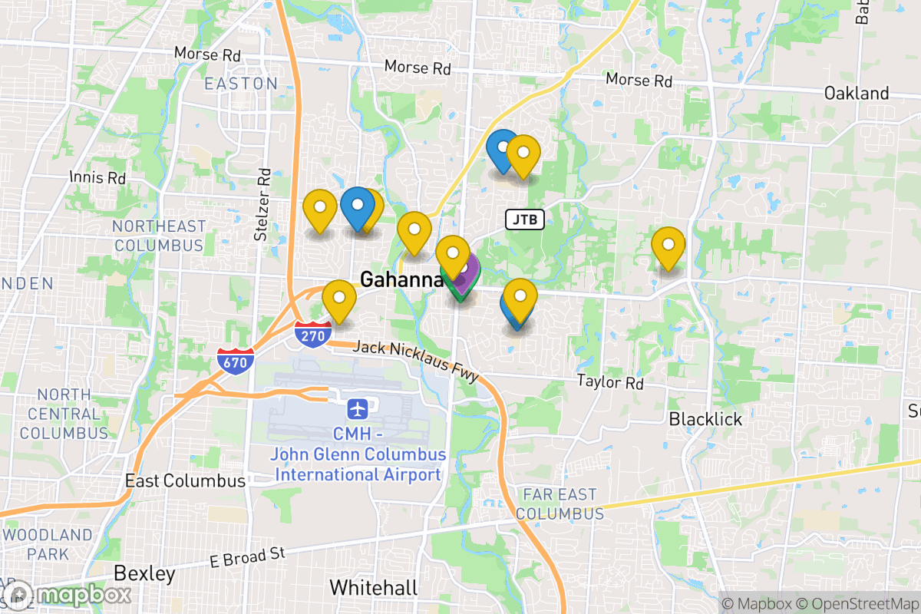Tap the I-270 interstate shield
coord(313,335)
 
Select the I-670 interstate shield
coord(236,361)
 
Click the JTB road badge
coord(525,220)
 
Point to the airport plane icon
coord(357,408)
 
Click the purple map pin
coord(463,270)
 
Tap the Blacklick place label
coord(705,419)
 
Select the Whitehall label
coord(374,588)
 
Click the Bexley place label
coord(144,573)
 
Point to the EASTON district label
coord(241,84)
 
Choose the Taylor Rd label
coord(610,381)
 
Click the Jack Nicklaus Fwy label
coord(416,361)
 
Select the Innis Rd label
coord(97,177)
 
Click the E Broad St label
coord(248,557)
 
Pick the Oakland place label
coord(857,94)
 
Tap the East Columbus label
coord(185,481)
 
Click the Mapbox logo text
coord(83,595)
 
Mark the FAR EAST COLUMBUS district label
coord(560,503)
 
